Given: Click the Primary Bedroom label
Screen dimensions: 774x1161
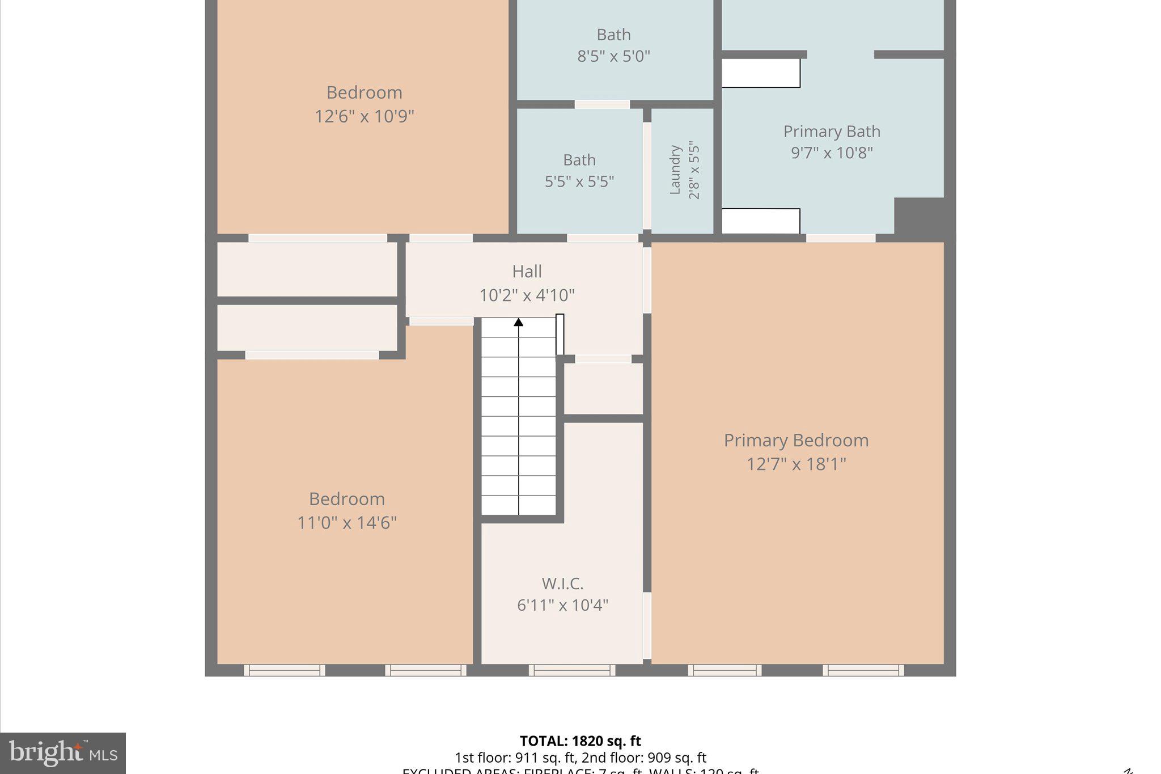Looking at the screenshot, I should (x=796, y=441).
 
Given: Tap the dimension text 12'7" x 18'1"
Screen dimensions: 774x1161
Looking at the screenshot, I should (x=796, y=464).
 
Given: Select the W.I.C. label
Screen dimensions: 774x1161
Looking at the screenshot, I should (x=562, y=583).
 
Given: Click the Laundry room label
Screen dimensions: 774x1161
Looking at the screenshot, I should (x=675, y=170).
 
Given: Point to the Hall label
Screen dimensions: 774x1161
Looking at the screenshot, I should (x=527, y=272).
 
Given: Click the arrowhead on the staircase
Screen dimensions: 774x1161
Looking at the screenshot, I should (x=518, y=323).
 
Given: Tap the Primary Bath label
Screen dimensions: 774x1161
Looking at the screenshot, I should (x=832, y=132).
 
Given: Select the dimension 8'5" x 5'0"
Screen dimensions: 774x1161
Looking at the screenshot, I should (x=613, y=57).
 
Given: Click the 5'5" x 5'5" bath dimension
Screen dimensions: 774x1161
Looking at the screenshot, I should (x=579, y=181).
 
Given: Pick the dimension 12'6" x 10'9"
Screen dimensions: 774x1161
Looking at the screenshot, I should (x=364, y=116).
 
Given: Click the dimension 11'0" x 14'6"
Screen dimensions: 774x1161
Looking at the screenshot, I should (x=347, y=522).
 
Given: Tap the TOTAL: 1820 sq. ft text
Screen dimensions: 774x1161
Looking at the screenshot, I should (x=580, y=741).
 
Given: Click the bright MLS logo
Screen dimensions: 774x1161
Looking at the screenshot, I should (x=62, y=753).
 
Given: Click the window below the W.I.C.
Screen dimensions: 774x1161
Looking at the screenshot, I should (x=571, y=670).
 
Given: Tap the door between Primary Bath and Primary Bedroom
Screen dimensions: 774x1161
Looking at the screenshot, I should (x=840, y=238).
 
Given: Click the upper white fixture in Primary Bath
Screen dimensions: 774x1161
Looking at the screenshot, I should (x=760, y=73).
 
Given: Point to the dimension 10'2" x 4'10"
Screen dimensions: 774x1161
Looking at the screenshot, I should (x=527, y=295).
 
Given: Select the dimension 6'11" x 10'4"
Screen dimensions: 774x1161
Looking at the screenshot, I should (x=562, y=605).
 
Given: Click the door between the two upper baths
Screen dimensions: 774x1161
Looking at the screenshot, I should (x=602, y=104).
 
